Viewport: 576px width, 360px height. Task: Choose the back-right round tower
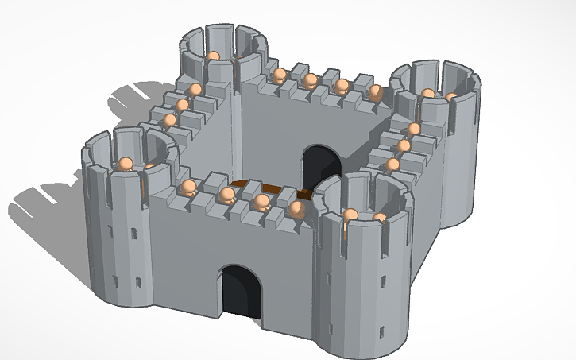pyautogui.click(x=445, y=143)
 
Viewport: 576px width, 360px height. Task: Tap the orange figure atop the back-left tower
pyautogui.click(x=213, y=56)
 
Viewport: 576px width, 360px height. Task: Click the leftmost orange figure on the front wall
pyautogui.click(x=188, y=188)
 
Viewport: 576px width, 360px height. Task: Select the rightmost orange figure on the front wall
pyautogui.click(x=296, y=208)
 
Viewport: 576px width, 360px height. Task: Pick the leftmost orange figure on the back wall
pyautogui.click(x=279, y=75)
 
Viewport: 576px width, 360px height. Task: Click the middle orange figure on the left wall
pyautogui.click(x=183, y=104)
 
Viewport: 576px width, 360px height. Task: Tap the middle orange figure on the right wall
pyautogui.click(x=404, y=146)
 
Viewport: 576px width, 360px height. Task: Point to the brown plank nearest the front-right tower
pyautogui.click(x=304, y=194)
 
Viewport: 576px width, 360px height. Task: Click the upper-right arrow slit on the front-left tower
pyautogui.click(x=133, y=233)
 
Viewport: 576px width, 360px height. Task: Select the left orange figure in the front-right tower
pyautogui.click(x=350, y=214)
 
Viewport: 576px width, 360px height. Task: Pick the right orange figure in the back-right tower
pyautogui.click(x=451, y=97)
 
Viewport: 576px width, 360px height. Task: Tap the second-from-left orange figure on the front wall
pyautogui.click(x=227, y=195)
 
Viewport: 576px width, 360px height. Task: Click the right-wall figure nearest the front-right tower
pyautogui.click(x=393, y=165)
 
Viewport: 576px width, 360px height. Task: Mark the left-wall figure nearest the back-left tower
pyautogui.click(x=195, y=89)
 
